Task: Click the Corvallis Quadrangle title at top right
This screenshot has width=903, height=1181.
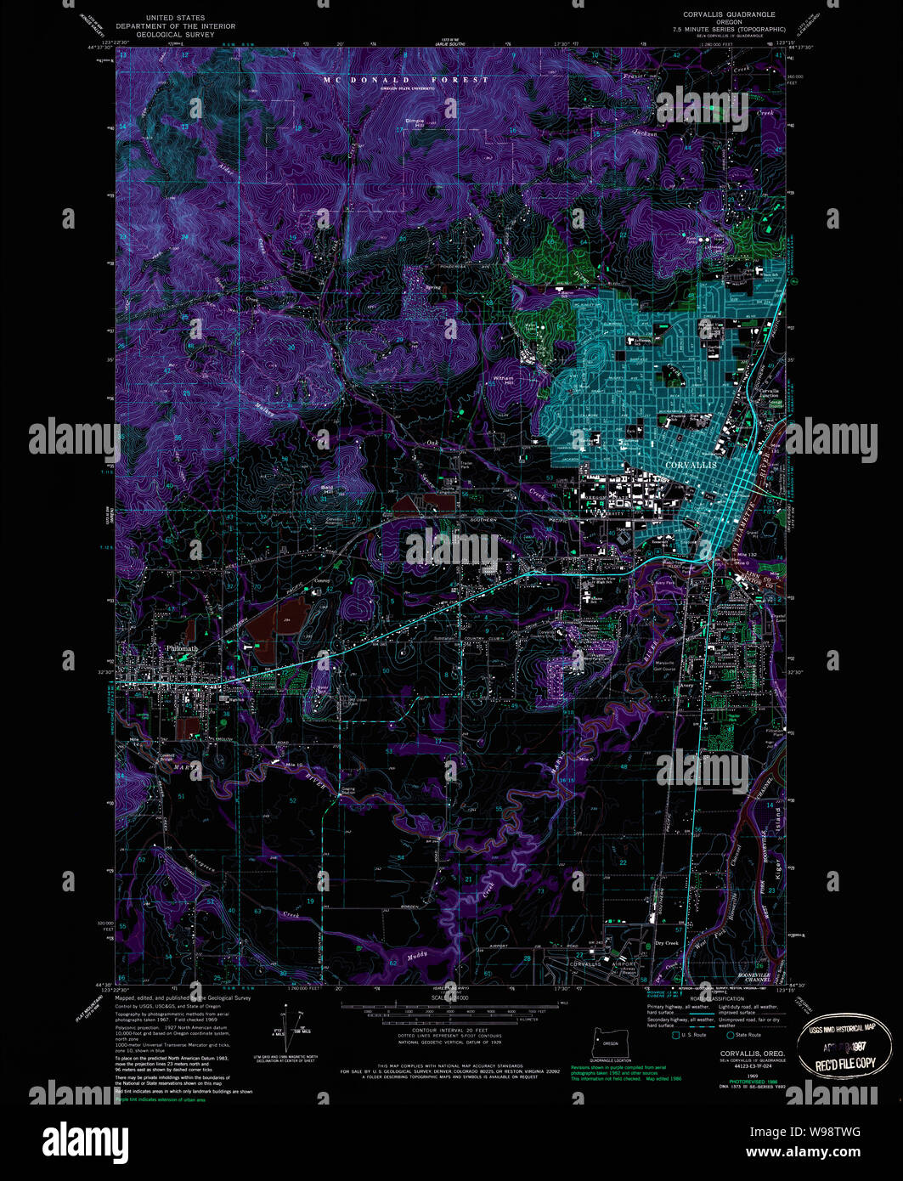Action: coord(729,15)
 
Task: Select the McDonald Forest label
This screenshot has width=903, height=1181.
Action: coord(406,80)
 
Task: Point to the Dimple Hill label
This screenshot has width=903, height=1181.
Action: coord(415,121)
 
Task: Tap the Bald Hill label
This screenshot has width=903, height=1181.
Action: coord(327,489)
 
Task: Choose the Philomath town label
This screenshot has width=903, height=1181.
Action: coord(182,649)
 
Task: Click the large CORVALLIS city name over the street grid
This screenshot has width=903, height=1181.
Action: coord(691,466)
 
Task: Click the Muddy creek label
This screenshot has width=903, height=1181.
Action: coord(417,956)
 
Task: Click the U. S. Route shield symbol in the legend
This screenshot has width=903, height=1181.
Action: coord(676,1035)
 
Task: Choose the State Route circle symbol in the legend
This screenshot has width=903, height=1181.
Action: coord(730,1035)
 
